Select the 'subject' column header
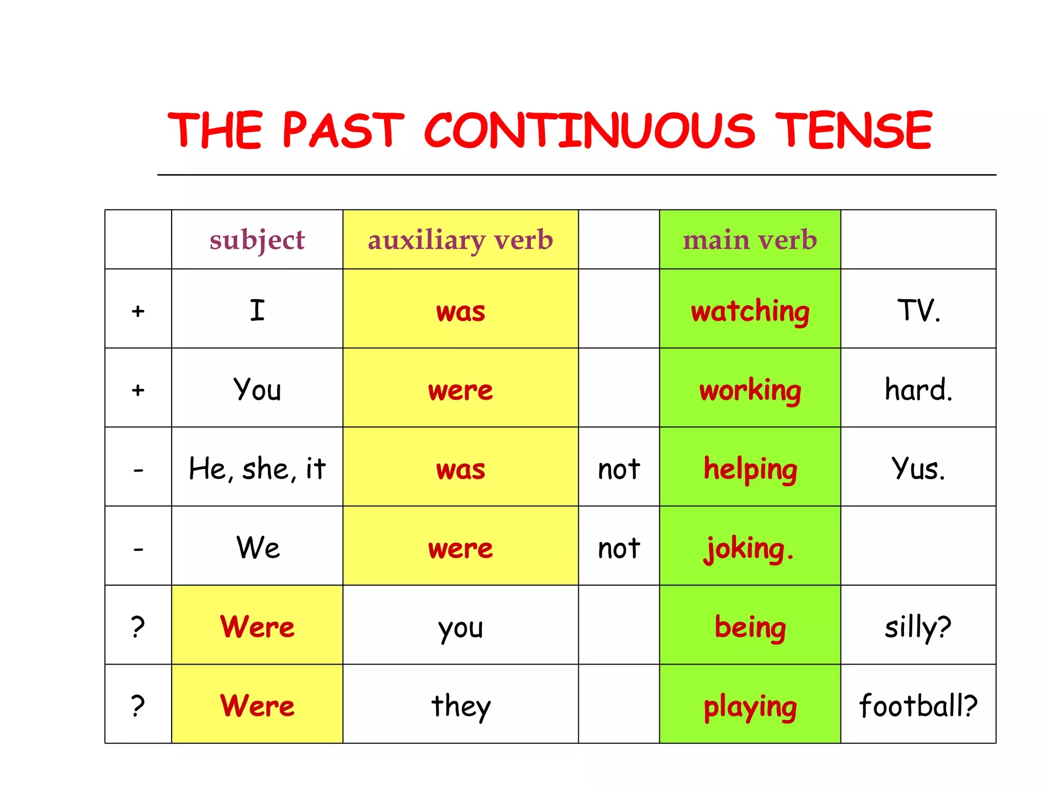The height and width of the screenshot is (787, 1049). click(257, 240)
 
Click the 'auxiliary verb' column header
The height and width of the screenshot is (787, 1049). click(460, 240)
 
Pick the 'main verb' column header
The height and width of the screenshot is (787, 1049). click(750, 240)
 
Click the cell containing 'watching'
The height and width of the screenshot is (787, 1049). click(750, 311)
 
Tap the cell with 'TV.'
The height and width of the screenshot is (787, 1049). click(918, 310)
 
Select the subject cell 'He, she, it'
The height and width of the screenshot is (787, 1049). click(257, 469)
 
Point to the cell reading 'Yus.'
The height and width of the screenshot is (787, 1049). click(918, 469)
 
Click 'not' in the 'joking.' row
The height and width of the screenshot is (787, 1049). click(619, 548)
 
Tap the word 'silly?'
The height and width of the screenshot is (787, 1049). click(918, 627)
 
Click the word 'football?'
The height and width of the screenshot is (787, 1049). click(918, 706)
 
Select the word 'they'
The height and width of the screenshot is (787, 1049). click(460, 707)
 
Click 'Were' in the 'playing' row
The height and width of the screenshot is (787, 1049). click(257, 706)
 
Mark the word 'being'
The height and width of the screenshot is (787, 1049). click(750, 627)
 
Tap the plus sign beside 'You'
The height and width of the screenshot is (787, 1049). click(138, 390)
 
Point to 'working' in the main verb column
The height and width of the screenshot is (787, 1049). click(750, 390)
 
